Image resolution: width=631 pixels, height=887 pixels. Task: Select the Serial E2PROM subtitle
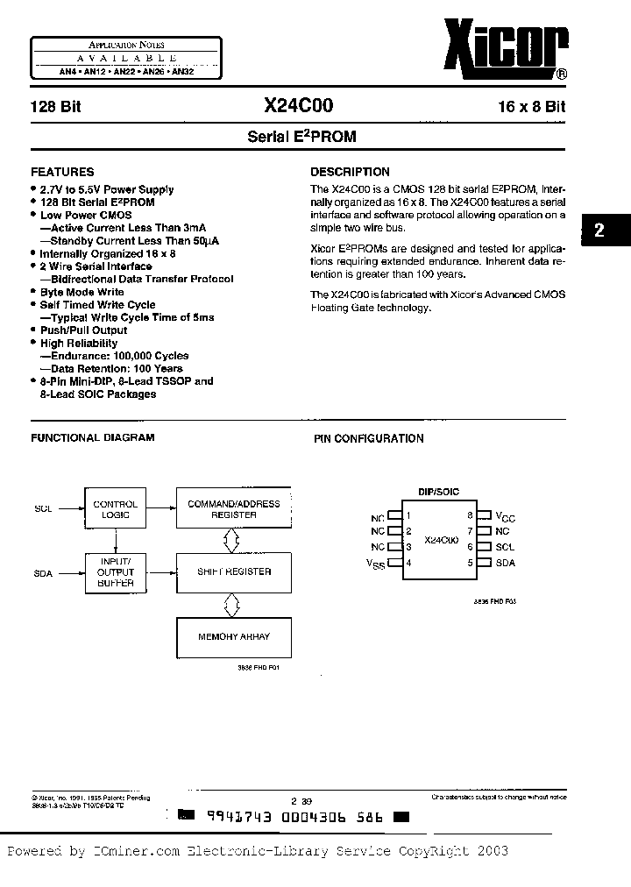pos(301,137)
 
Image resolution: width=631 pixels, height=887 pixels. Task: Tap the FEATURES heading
pos(62,172)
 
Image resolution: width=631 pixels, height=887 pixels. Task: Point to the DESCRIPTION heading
pos(351,172)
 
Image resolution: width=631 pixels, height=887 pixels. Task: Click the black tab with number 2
pos(599,231)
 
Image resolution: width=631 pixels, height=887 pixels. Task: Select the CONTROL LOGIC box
pos(116,509)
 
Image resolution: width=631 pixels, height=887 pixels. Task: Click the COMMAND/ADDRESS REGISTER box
pos(234,509)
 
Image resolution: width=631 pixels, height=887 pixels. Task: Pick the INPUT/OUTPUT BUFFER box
pos(116,571)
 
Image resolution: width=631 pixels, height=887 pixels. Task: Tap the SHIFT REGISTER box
pos(234,571)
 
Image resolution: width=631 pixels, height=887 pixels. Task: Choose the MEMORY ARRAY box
pos(234,636)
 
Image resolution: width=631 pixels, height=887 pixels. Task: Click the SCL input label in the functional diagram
pos(44,509)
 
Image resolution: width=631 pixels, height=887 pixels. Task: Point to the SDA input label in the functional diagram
pos(44,573)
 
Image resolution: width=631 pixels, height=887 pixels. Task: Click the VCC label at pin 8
pos(506,517)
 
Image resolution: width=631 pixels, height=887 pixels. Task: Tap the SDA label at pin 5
pos(505,563)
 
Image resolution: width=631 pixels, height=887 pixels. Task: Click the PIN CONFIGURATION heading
pos(369,438)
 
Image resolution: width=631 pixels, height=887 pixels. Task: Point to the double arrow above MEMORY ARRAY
pos(231,604)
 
